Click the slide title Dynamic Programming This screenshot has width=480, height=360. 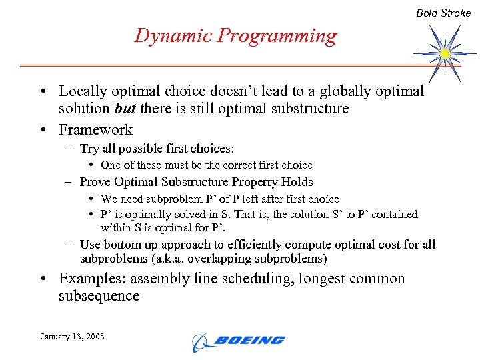coord(235,35)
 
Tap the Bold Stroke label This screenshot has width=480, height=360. coord(443,13)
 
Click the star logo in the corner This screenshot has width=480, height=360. coord(444,52)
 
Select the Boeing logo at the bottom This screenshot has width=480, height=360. coord(238,341)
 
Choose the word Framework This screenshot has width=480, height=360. coord(95,129)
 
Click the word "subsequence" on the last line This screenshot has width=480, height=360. coord(99,296)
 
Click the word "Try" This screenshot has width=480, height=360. coord(89,149)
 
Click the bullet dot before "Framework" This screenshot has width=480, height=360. coord(43,130)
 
